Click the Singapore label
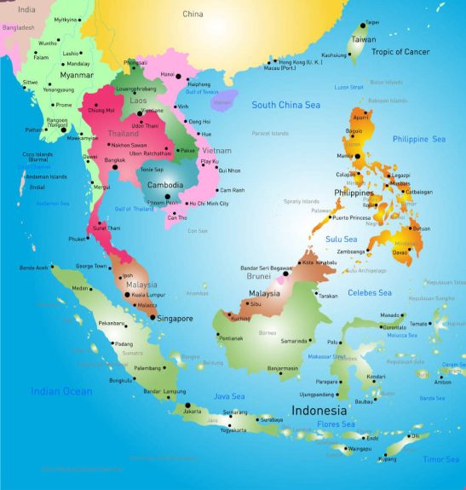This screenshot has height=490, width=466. (175, 319)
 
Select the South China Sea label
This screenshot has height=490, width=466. (285, 105)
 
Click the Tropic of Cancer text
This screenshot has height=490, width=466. (400, 51)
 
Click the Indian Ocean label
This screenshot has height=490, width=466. (61, 391)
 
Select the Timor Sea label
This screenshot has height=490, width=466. (441, 459)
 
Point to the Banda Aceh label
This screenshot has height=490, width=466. (34, 268)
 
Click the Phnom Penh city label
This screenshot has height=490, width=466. (161, 203)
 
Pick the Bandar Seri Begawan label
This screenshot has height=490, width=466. (267, 268)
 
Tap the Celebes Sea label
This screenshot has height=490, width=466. (370, 292)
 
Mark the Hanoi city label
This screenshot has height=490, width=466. (167, 74)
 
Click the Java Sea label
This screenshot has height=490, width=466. (229, 396)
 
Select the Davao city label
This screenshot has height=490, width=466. (400, 252)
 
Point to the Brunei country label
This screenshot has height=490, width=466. (257, 278)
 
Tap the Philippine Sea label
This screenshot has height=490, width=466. (418, 139)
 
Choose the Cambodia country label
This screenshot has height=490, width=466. (165, 184)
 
